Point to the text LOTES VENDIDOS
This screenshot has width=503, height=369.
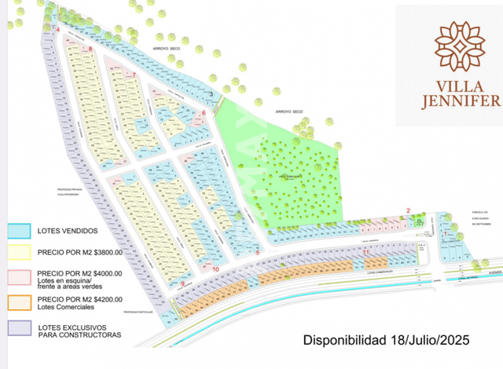pos(68,231)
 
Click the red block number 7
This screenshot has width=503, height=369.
pos(134,75)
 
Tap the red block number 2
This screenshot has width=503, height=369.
pos(408,209)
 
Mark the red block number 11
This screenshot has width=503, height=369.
pos(366,251)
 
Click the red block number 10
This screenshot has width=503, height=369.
pos(215,269)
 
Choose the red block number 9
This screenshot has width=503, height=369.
pos(182,283)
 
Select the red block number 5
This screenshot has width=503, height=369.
pos(258,253)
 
